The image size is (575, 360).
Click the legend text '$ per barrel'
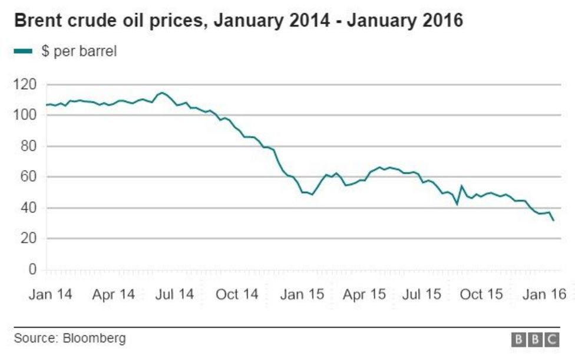point(79,51)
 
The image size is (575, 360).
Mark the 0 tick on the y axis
point(32,269)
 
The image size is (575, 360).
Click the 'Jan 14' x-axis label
point(50,294)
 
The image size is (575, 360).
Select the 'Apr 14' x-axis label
point(113,294)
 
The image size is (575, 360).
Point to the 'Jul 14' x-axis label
point(174,294)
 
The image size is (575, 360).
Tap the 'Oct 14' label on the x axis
point(237,294)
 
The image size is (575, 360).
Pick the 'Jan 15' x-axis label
point(302,294)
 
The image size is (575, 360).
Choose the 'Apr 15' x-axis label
point(365,294)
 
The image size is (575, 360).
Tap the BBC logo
point(535,339)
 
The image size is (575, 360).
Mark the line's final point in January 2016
point(554,220)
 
